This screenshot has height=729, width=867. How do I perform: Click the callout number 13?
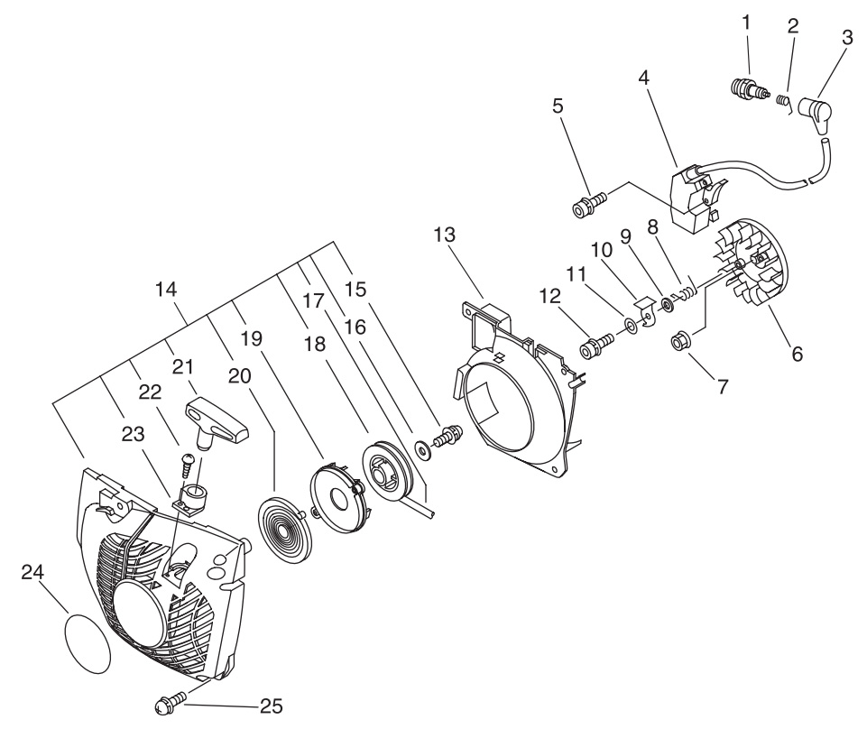(x=445, y=235)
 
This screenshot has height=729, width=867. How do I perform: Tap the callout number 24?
(x=32, y=573)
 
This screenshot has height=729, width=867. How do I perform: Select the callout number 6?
(x=797, y=354)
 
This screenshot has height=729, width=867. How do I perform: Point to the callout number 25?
(x=271, y=706)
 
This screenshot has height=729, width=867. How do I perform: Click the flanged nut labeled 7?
(x=678, y=342)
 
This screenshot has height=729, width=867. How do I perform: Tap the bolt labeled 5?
(x=590, y=204)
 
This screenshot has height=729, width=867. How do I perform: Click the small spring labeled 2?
(x=782, y=101)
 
